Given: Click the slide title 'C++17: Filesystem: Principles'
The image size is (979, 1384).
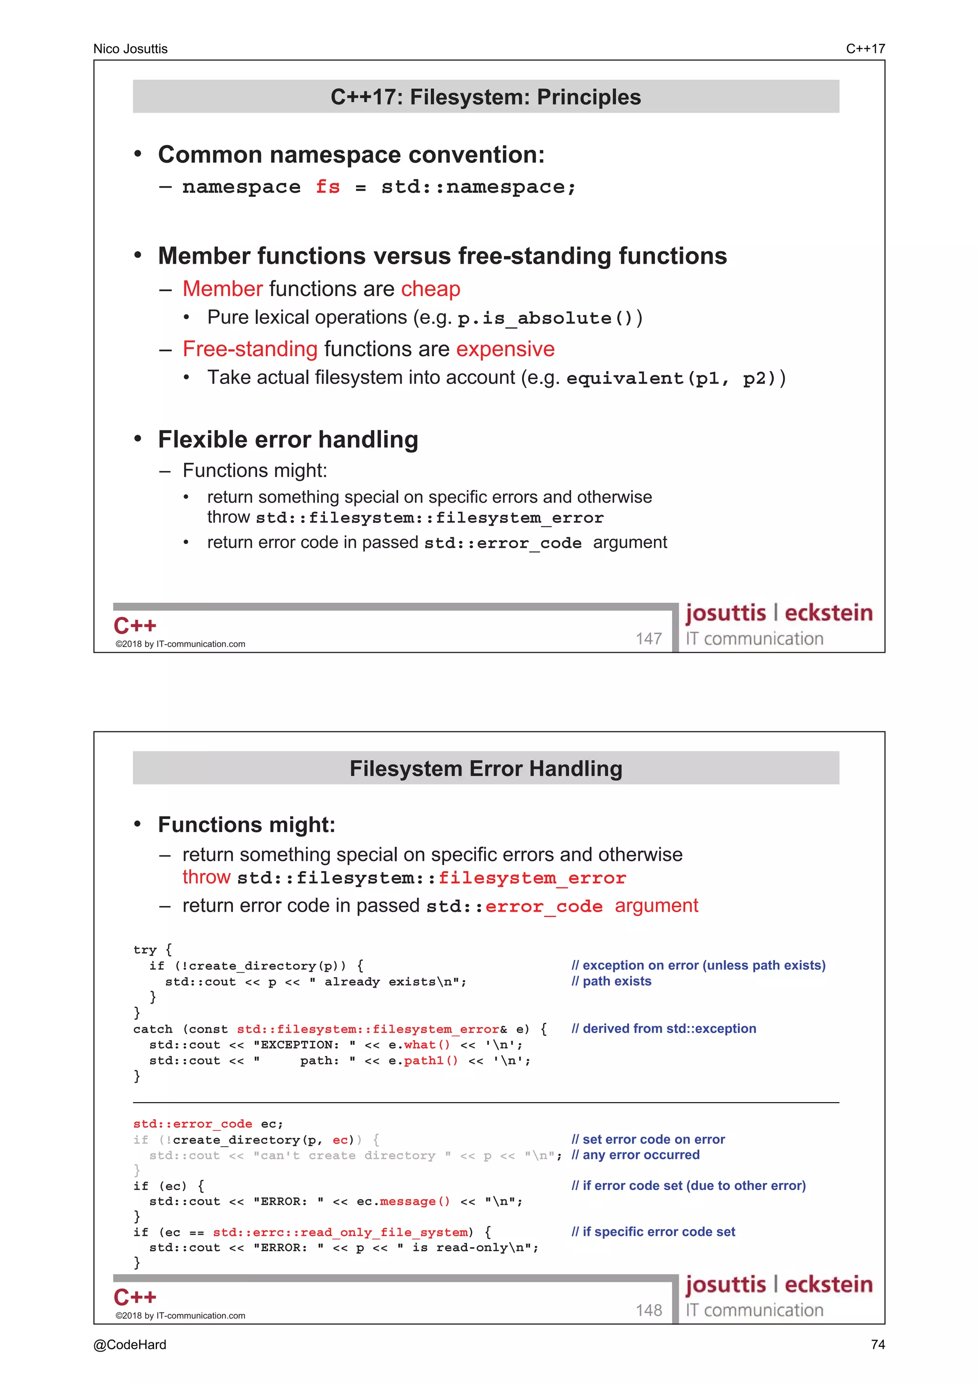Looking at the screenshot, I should click(x=486, y=97).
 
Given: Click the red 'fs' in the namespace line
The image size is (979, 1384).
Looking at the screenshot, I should click(x=327, y=187).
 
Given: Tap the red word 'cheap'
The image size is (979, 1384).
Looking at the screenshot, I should click(x=431, y=289).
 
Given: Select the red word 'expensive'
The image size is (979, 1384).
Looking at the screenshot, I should click(x=505, y=349).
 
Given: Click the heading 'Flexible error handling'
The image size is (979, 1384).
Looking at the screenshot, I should click(x=288, y=439).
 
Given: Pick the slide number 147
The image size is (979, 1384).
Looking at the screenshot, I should click(x=649, y=639).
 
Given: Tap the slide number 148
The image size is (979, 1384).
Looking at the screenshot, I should click(x=649, y=1310).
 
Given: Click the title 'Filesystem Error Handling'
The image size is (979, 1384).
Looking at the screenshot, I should click(x=486, y=768).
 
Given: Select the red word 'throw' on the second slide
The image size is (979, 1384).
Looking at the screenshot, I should click(x=207, y=877).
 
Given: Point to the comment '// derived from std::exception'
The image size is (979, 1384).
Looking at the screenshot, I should click(x=664, y=1028).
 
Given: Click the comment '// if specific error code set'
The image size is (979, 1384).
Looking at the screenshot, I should click(x=653, y=1232).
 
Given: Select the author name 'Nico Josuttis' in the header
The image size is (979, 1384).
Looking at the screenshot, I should click(x=131, y=49).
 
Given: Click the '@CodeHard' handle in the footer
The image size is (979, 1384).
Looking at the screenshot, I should click(x=130, y=1345).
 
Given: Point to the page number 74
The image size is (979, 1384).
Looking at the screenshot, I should click(x=878, y=1345).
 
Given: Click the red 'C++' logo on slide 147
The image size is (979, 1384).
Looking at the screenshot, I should click(x=135, y=626).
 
